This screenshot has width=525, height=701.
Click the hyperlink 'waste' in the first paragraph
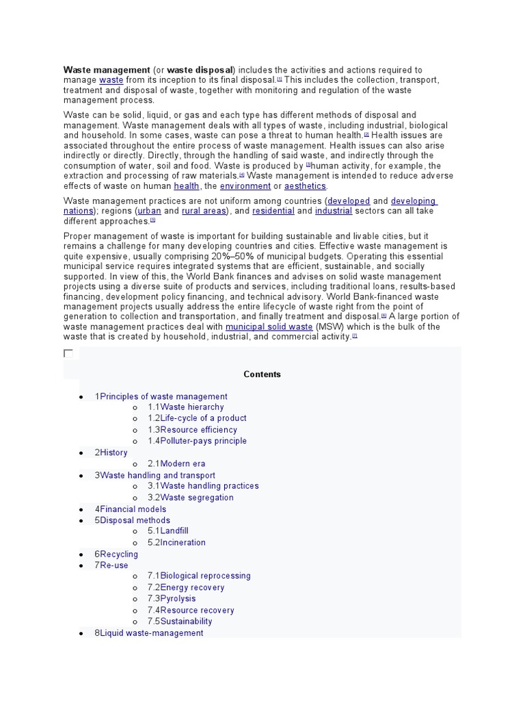point(111,80)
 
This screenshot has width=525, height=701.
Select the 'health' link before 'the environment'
point(187,186)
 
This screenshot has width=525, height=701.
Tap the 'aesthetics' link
point(306,186)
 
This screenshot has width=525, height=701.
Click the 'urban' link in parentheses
point(149,212)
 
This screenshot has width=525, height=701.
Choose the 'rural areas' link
point(203,212)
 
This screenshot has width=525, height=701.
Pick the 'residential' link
point(273,212)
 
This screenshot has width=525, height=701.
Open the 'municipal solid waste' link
point(269,327)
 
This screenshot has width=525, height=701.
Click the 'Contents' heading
point(262,374)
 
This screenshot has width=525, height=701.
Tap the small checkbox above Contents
point(68,353)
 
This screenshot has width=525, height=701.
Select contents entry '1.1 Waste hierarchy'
point(186,407)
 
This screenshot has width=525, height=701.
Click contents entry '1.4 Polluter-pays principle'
point(197,441)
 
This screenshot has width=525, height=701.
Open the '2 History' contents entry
point(111,453)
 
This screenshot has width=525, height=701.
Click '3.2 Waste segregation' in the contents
point(191,498)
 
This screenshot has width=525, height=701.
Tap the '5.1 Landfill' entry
point(168,531)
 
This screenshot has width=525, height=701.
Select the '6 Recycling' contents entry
point(116,554)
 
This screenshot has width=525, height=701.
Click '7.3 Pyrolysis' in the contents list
point(172,598)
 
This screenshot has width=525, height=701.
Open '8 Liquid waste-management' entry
point(149,633)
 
